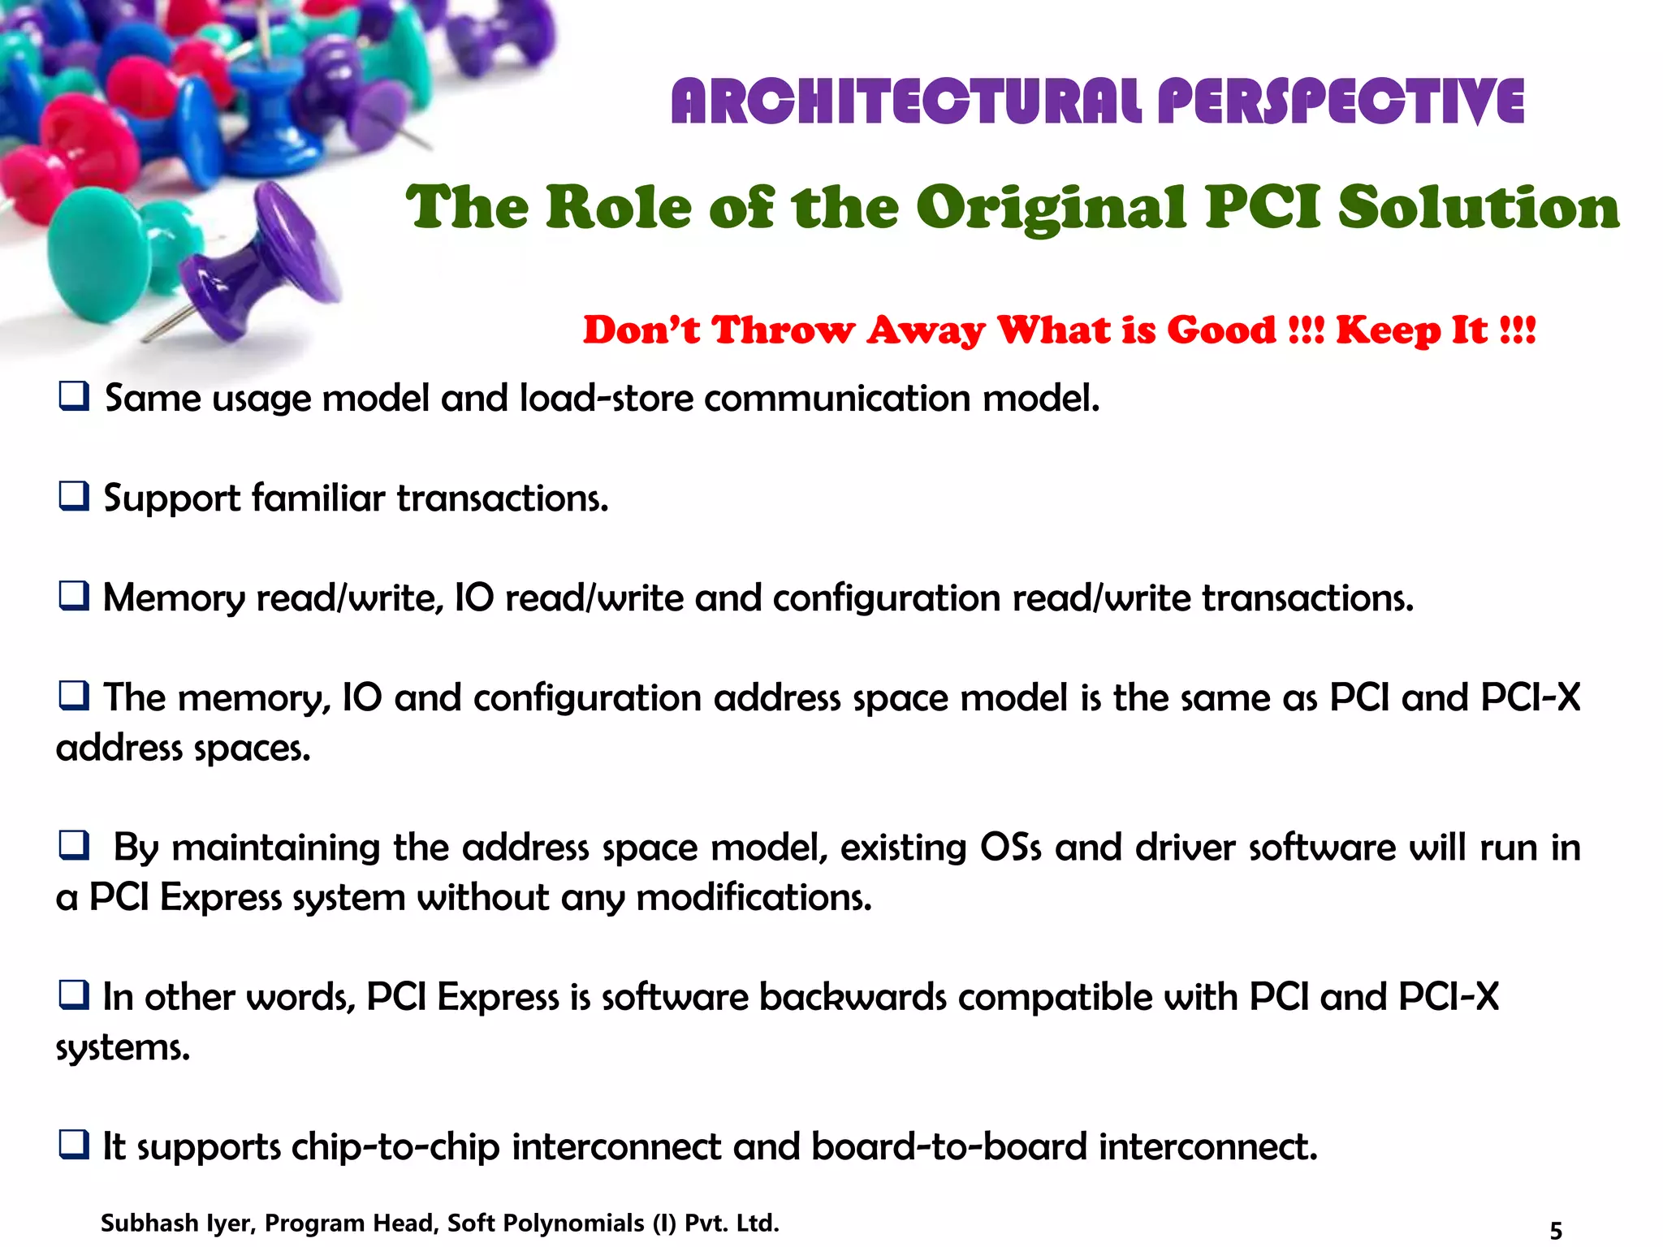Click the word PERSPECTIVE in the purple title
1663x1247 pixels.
point(1341,102)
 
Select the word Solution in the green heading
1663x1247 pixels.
point(1478,208)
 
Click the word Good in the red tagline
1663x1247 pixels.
point(1221,330)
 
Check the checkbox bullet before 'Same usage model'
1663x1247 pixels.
point(74,397)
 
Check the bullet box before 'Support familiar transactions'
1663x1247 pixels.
point(74,496)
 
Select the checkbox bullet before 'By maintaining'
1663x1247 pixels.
point(74,846)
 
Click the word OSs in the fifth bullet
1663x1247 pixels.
point(1010,848)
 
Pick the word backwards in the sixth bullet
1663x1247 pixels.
point(853,997)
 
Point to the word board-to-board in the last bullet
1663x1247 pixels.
point(948,1147)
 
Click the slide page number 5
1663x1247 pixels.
point(1556,1231)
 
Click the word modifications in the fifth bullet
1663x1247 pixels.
point(753,898)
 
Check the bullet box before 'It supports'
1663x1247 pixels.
point(74,1145)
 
